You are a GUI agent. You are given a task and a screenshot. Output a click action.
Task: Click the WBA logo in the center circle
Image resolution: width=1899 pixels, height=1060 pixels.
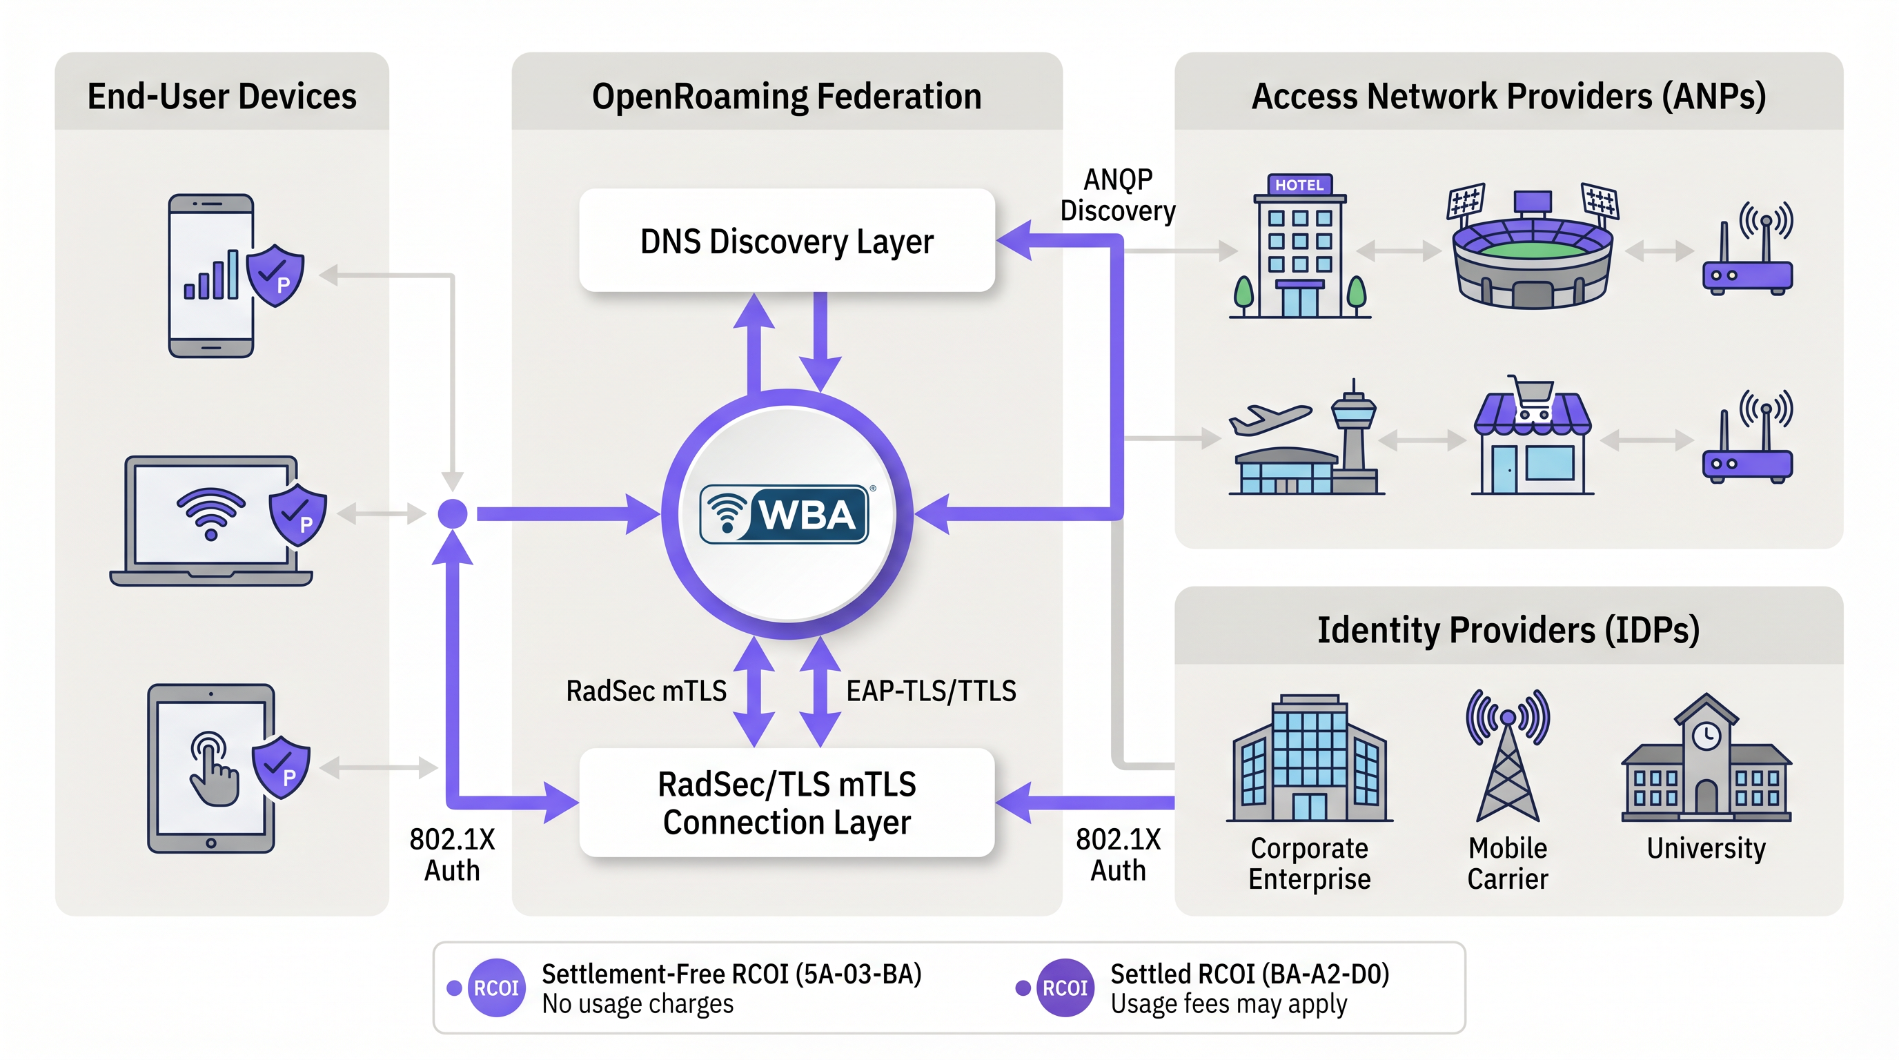coord(785,514)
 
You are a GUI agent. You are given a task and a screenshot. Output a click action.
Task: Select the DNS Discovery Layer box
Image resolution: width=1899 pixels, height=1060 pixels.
coord(787,241)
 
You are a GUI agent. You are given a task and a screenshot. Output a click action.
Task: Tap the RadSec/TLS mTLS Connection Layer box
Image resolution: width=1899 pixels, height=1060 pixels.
coord(787,803)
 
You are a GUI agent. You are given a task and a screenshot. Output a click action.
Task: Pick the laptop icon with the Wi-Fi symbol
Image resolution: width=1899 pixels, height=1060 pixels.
coord(212,520)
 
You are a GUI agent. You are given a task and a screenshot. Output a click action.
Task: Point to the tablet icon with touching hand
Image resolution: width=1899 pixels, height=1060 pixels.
coord(212,768)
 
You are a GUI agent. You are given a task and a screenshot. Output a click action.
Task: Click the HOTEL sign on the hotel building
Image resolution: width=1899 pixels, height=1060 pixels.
coord(1299,185)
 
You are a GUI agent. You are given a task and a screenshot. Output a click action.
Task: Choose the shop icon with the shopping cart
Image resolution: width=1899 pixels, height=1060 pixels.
coord(1532,442)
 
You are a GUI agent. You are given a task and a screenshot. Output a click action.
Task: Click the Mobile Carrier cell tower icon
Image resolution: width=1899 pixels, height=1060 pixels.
coord(1508,756)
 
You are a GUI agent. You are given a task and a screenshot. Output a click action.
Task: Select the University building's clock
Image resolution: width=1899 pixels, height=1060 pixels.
coord(1706,735)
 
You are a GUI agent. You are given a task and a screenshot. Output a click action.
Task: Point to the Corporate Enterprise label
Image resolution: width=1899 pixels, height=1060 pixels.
coord(1309,863)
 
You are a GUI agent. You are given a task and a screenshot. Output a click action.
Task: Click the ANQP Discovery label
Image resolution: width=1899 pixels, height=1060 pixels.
coord(1118,195)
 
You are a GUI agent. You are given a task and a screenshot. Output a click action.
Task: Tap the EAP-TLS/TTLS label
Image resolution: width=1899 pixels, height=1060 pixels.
coord(931,691)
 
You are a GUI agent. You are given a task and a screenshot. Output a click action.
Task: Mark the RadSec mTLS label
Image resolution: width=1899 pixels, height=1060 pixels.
coord(646,691)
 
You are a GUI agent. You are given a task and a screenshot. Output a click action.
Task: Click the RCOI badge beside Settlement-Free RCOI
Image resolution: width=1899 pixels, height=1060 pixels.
coord(496,988)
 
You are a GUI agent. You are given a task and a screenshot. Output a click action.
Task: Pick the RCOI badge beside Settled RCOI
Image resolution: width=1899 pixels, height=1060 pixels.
coord(1065,988)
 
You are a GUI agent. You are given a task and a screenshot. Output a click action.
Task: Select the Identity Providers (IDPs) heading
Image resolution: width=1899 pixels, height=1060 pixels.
coord(1508,630)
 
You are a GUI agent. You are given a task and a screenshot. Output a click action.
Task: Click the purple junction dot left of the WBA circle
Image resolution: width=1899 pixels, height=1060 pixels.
coord(453,514)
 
